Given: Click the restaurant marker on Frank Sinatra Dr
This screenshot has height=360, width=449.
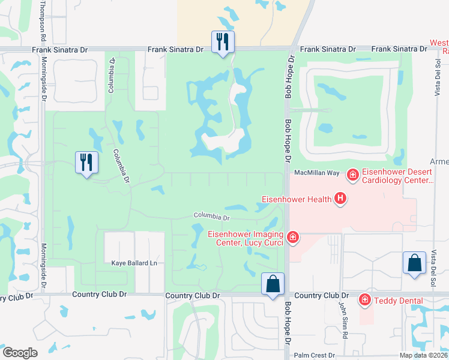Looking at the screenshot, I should (x=223, y=42).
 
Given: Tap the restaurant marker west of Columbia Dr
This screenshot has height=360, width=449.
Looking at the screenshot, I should (x=86, y=163).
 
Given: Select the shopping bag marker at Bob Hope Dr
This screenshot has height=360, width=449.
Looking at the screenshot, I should (x=273, y=284).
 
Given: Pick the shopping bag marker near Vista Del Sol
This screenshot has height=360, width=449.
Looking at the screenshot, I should (x=414, y=263).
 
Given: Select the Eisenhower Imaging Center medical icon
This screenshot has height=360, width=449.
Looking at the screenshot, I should (x=293, y=238).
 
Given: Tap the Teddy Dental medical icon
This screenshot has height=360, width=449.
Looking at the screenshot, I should (x=364, y=300).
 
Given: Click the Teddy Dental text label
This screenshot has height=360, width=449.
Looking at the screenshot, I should (x=397, y=301).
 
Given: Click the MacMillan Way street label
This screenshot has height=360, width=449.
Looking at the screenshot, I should (x=317, y=173).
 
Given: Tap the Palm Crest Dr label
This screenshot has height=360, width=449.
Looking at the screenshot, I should (x=318, y=355).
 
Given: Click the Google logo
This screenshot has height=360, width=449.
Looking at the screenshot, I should (x=20, y=353).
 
